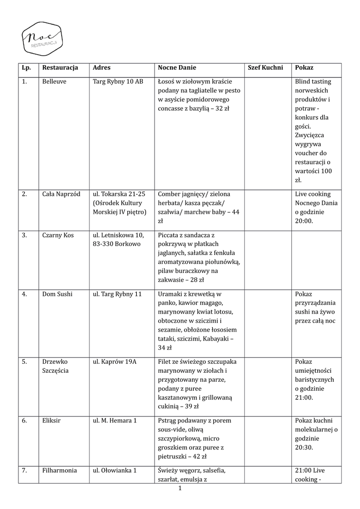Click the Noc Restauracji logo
42,37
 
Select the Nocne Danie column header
177,67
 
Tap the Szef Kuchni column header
265,67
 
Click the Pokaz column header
304,67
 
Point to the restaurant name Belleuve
54,81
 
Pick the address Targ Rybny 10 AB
118,81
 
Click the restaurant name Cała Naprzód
61,194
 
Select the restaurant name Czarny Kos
58,235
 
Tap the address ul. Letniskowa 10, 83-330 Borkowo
118,239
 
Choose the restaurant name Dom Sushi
57,294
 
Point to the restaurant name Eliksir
52,421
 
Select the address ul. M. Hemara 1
115,421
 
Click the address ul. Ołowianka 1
115,470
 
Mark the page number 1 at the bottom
180,489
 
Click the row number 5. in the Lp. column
24,361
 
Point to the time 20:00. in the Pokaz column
304,221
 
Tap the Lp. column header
26,67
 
